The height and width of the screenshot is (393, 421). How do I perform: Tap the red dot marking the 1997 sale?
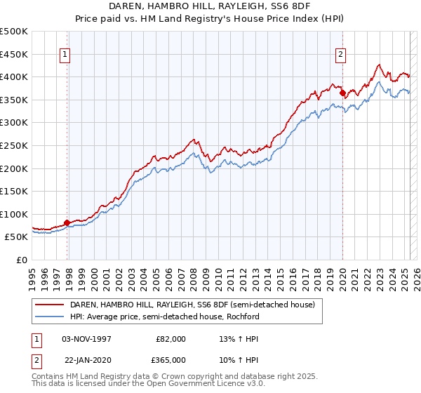[67, 222]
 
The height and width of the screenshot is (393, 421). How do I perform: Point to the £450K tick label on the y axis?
[14, 54]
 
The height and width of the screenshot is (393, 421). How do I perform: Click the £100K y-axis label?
[14, 214]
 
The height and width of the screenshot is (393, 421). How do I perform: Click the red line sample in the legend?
[50, 305]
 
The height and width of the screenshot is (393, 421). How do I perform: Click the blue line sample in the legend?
[50, 317]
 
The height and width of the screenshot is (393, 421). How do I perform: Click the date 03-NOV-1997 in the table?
[86, 338]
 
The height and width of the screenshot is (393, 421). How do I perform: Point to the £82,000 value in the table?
[169, 338]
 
